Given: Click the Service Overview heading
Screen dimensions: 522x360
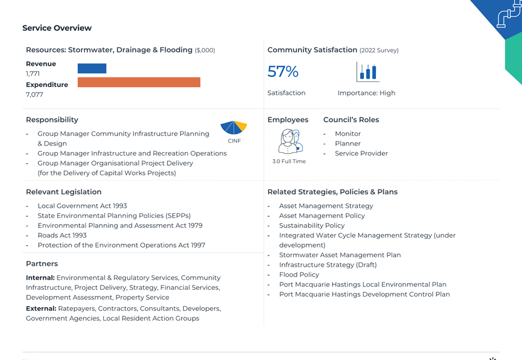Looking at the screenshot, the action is [57, 28].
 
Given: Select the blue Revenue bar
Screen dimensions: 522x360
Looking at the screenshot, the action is [92, 68].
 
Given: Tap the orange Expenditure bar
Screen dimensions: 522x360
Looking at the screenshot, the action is [139, 82].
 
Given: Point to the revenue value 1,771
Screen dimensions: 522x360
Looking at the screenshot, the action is [33, 74].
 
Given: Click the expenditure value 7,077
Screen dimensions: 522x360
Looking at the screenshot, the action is [34, 94].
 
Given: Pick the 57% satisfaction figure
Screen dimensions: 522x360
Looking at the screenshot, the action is [283, 71].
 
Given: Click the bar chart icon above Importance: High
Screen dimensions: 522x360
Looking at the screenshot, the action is [367, 71].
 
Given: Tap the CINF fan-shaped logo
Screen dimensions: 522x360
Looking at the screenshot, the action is [234, 127].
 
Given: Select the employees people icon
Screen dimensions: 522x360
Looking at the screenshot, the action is [290, 142].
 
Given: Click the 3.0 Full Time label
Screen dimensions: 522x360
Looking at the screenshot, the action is [289, 161].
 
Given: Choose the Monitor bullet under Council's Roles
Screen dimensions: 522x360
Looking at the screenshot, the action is [348, 134].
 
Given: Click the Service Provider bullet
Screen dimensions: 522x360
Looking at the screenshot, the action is [361, 153].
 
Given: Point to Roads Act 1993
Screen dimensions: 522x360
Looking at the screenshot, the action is [62, 235].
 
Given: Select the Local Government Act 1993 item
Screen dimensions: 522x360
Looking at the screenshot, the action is [82, 206].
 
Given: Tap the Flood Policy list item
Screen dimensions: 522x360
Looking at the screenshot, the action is [299, 275].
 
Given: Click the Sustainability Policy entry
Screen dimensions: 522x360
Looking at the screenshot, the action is [312, 226].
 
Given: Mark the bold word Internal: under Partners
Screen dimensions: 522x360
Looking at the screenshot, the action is [40, 278].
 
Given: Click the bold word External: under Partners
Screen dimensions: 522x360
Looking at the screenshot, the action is [41, 308].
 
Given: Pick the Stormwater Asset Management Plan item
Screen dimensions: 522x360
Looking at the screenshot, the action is [340, 255].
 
